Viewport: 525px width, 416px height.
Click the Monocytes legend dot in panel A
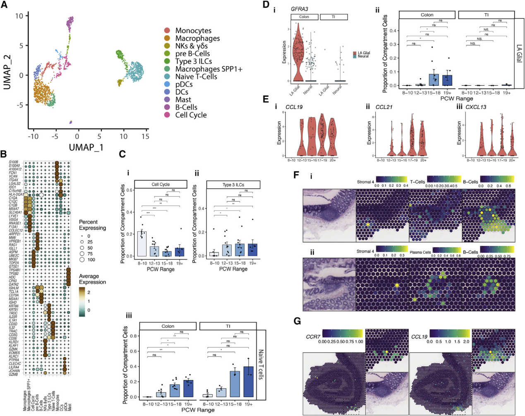point(167,31)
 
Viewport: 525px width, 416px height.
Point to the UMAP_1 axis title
point(86,147)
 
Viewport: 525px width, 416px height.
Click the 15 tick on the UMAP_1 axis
point(145,136)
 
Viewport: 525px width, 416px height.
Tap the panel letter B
point(4,154)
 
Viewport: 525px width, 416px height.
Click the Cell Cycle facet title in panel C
point(161,185)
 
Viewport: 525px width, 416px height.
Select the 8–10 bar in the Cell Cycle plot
point(142,244)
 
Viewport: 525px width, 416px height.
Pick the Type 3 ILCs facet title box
point(233,185)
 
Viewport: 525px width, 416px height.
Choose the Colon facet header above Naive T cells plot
point(168,326)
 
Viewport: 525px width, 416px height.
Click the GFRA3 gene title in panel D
point(299,9)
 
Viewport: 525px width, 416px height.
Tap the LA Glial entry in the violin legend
point(364,53)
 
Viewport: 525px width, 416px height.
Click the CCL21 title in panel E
point(384,107)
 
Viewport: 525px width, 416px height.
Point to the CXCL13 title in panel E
point(476,107)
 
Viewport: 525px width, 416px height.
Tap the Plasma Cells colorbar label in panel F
point(420,252)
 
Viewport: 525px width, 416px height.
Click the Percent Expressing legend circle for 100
point(82,260)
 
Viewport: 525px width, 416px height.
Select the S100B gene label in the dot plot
point(14,162)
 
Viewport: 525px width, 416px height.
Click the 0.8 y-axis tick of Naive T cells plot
point(134,336)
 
